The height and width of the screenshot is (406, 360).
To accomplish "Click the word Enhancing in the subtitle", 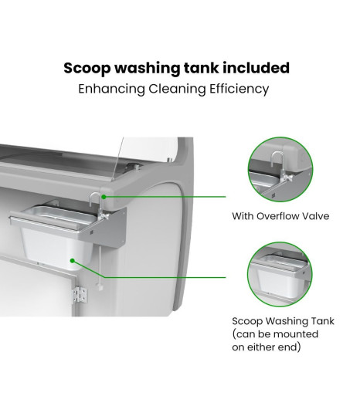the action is (x=111, y=90).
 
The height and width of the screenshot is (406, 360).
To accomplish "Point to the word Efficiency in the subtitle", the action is (x=239, y=90).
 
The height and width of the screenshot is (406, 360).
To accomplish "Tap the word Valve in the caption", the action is (x=318, y=216).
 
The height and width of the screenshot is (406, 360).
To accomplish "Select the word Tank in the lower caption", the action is (x=322, y=321).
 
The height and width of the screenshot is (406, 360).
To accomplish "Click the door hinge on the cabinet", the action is (x=80, y=295).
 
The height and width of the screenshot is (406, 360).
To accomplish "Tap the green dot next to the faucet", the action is (x=104, y=197).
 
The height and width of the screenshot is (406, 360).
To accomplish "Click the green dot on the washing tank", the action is (x=73, y=260).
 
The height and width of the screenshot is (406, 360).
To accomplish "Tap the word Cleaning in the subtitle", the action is (x=177, y=90).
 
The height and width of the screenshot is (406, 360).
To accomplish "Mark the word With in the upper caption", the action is (x=243, y=216).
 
